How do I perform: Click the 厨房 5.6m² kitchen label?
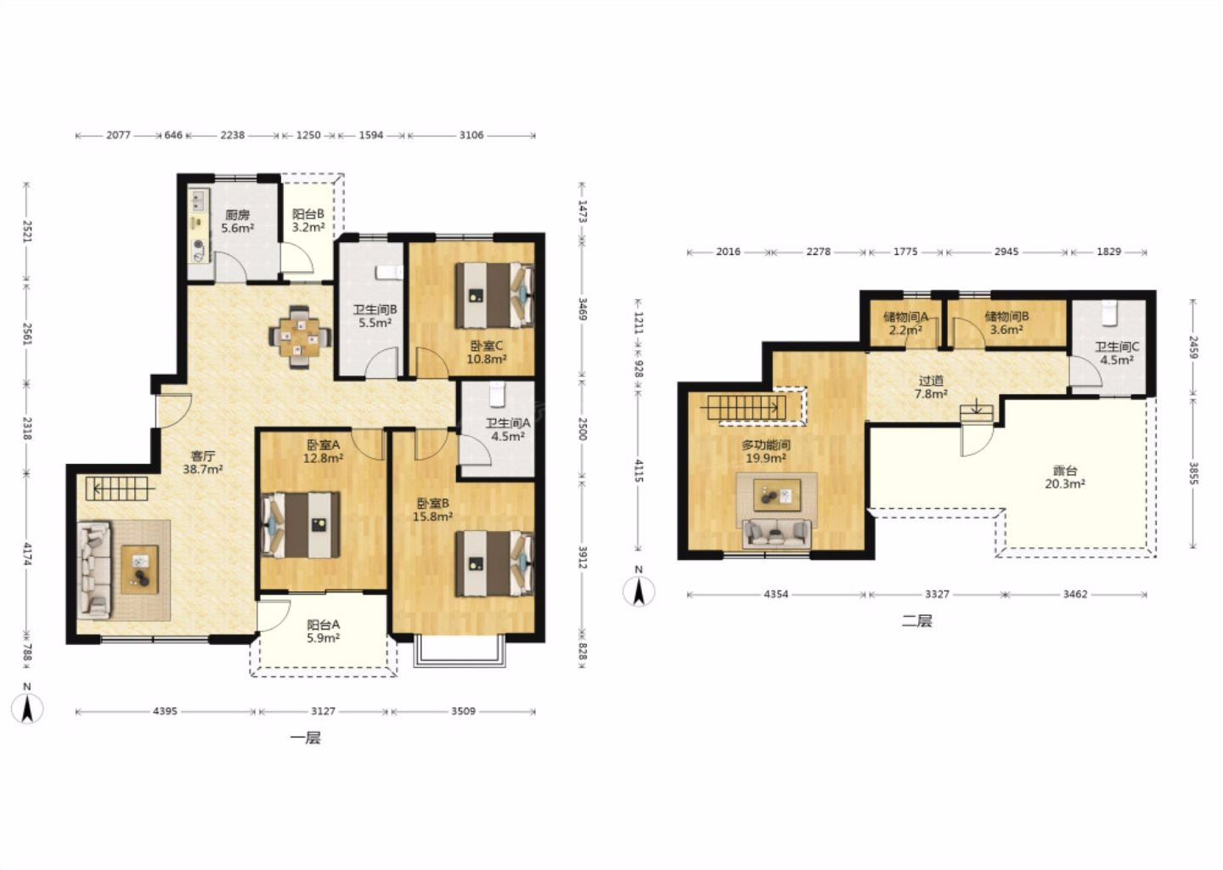(x=238, y=221)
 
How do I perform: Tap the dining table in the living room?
(x=300, y=337)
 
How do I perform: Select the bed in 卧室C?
(x=494, y=296)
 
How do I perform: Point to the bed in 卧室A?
(x=301, y=525)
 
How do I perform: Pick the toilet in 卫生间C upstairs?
(x=1109, y=314)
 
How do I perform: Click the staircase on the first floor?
(x=117, y=489)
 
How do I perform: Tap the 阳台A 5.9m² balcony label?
(x=324, y=630)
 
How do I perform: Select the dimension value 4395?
(x=165, y=711)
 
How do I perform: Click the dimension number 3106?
(x=471, y=135)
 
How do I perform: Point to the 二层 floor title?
(x=916, y=621)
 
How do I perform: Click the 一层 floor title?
(x=305, y=737)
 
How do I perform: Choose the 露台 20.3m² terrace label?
(x=1065, y=477)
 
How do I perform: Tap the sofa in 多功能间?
(x=776, y=534)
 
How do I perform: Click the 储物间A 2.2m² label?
(x=905, y=323)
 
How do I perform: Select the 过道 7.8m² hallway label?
(x=931, y=387)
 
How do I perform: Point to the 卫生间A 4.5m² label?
(x=508, y=429)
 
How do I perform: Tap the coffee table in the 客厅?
(x=140, y=569)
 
